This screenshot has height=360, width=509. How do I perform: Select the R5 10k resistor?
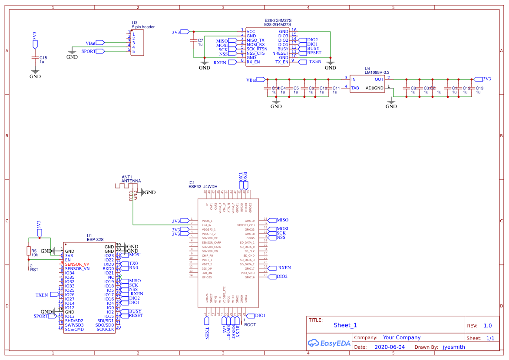29,251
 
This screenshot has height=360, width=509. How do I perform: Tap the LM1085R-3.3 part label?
377,73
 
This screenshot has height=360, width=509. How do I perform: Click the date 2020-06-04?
389,347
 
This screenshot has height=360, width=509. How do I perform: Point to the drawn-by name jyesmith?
454,347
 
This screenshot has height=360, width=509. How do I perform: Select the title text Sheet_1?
345,325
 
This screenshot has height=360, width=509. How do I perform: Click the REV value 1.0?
487,326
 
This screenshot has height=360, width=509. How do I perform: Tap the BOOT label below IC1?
250,324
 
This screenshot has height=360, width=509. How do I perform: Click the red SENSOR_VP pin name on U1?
77,264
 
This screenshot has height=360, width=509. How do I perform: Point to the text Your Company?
401,337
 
